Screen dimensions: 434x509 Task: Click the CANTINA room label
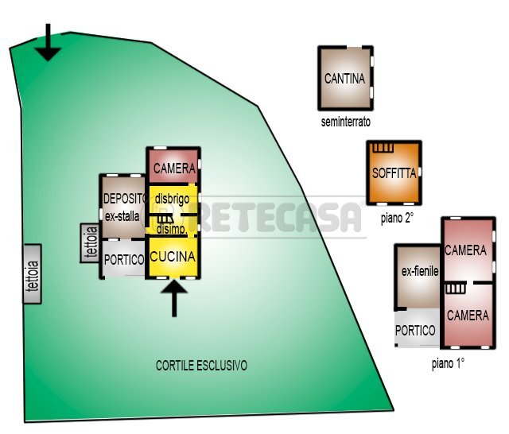tap(345, 79)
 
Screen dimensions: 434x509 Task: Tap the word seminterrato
tap(346, 122)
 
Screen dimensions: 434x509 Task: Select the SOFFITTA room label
tap(394, 173)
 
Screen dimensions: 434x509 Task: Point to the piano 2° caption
tap(397, 218)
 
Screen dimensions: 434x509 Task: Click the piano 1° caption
tap(448, 363)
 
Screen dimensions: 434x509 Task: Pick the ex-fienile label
tap(420, 272)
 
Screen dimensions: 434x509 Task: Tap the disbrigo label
tap(172, 198)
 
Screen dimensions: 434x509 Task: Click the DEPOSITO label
tap(123, 198)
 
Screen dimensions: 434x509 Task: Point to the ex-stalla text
tap(122, 215)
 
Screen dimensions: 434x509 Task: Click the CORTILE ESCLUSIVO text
tap(201, 366)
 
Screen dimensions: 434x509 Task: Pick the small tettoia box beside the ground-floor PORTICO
tap(90, 243)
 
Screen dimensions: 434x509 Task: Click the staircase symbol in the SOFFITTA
tap(384, 148)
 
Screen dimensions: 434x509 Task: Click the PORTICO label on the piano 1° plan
tap(416, 330)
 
